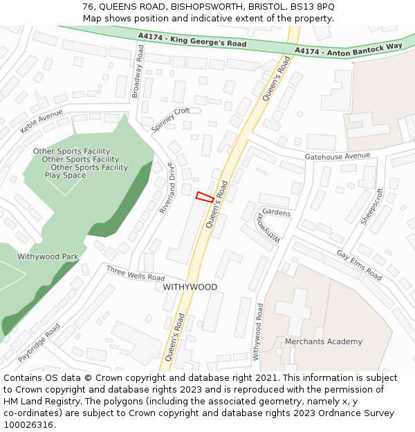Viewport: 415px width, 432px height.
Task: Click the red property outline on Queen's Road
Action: click(x=205, y=196)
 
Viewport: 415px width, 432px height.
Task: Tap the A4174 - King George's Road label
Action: click(x=192, y=39)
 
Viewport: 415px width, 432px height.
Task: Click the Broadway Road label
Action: click(x=138, y=71)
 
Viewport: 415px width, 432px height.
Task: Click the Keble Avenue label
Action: click(x=41, y=121)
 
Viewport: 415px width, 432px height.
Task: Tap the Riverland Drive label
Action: click(x=167, y=187)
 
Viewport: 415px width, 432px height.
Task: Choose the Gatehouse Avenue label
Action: click(x=338, y=157)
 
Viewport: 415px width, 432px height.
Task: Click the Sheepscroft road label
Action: click(x=371, y=206)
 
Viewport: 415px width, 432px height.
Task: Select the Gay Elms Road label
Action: click(x=359, y=265)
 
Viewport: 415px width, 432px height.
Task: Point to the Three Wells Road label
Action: click(x=136, y=272)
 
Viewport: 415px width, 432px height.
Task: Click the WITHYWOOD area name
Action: click(x=190, y=287)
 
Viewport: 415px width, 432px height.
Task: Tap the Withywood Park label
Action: click(x=48, y=256)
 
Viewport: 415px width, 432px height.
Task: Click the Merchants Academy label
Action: click(x=323, y=341)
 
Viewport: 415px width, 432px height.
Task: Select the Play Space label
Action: click(x=66, y=176)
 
